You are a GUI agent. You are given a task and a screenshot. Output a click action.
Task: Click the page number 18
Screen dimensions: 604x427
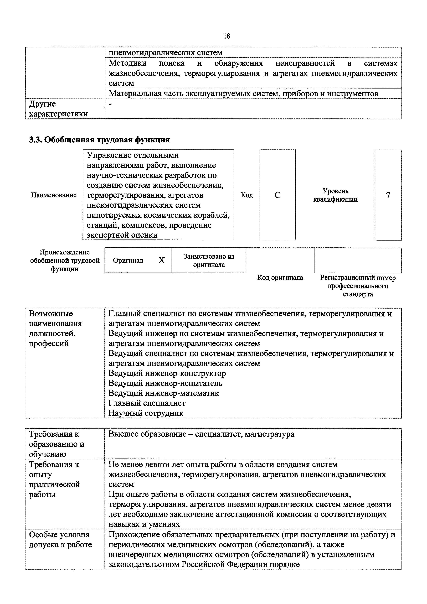click(226, 36)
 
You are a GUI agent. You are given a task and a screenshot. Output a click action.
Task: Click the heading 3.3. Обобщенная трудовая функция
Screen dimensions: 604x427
click(99, 140)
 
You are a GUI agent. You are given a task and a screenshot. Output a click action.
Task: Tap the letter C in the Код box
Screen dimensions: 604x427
click(277, 195)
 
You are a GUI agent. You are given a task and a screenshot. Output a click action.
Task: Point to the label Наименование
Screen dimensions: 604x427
click(54, 195)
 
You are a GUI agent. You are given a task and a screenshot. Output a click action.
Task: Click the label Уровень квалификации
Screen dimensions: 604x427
click(335, 195)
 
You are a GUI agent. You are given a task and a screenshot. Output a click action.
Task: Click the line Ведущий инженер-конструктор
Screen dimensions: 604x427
click(167, 373)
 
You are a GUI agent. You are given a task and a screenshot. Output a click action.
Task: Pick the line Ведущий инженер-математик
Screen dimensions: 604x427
click(164, 393)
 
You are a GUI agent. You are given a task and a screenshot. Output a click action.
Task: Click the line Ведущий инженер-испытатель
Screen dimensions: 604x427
click(165, 383)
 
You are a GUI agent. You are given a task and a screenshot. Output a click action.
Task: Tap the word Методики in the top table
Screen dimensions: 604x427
click(128, 63)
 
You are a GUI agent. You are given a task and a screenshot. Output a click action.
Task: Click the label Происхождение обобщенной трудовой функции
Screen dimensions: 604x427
click(65, 261)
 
